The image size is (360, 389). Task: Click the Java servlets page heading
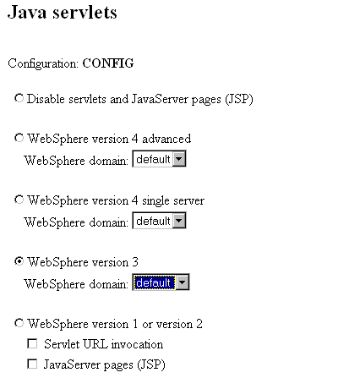[x=63, y=13]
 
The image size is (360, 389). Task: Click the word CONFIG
[x=108, y=63]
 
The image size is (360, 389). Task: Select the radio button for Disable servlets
[x=19, y=98]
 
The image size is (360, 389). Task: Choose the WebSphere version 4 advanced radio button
[x=19, y=138]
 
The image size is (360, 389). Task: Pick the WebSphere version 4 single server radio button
[x=19, y=200]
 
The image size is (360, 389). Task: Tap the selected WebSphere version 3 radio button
[x=19, y=261]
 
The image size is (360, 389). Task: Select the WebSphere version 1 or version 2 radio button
[x=19, y=323]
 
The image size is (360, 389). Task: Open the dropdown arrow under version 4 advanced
[x=179, y=159]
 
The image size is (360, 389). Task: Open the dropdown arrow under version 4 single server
[x=179, y=221]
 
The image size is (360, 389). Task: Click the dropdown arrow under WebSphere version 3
[x=183, y=282]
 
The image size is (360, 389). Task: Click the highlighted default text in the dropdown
[x=153, y=282]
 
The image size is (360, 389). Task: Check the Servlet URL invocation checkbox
[x=32, y=343]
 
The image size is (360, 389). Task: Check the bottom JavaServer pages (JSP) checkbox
[x=32, y=364]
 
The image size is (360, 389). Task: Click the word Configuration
[x=43, y=63]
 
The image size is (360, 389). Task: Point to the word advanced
[x=166, y=139]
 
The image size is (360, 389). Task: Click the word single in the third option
[x=155, y=201]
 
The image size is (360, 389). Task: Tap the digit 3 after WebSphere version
[x=135, y=262]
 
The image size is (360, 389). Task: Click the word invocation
[x=137, y=344]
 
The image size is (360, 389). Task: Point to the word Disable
[x=46, y=99]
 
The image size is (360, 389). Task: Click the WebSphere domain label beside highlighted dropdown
[x=76, y=284]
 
